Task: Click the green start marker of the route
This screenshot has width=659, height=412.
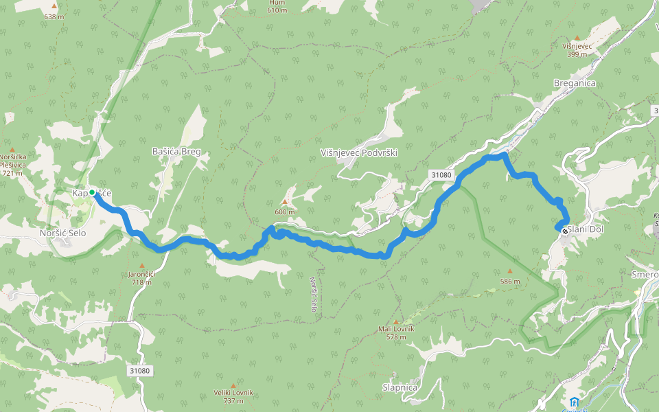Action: tap(92, 192)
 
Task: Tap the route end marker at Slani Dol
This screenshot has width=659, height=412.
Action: tap(565, 231)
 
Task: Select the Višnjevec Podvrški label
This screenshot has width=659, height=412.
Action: tap(359, 153)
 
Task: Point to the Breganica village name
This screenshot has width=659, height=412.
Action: tap(575, 83)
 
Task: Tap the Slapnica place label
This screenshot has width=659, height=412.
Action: tap(400, 387)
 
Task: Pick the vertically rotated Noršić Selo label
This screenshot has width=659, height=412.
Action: tap(313, 294)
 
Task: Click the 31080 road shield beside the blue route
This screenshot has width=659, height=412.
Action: tap(442, 175)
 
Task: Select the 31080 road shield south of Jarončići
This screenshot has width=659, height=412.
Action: tap(139, 371)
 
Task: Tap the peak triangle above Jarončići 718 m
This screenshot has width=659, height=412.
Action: tap(142, 265)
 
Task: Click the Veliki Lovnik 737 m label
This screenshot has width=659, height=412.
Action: tap(233, 396)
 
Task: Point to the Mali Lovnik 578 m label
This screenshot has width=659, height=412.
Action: tap(397, 332)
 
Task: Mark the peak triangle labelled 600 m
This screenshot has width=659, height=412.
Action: tap(284, 202)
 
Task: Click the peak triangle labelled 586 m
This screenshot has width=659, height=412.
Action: tap(509, 271)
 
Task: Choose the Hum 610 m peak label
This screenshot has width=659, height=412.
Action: tap(277, 6)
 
